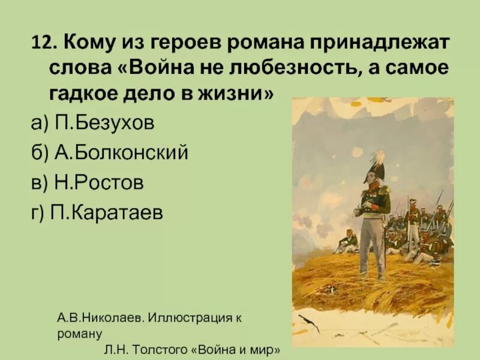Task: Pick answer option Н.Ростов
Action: tap(99, 182)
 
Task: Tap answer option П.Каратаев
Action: tap(110, 213)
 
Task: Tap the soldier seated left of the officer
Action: tap(347, 242)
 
